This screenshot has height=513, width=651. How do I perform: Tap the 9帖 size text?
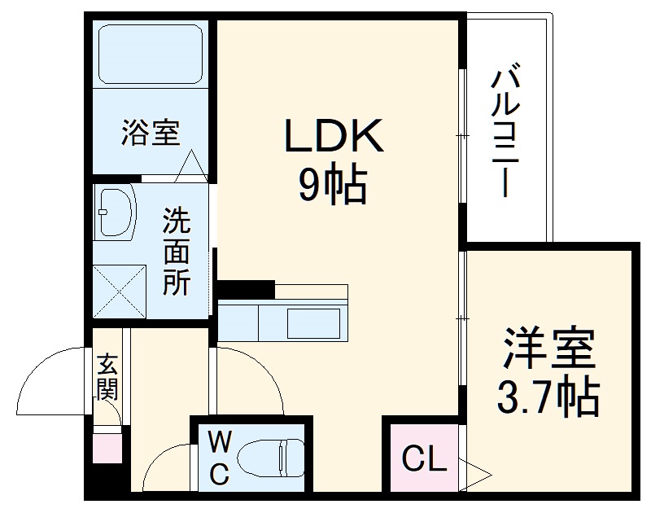pyautogui.click(x=333, y=186)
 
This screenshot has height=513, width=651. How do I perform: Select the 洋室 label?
pyautogui.click(x=549, y=349)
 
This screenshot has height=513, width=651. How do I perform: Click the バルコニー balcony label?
pyautogui.click(x=505, y=133)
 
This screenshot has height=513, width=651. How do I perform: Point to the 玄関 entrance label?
pyautogui.click(x=107, y=377)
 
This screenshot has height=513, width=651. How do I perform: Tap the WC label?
pyautogui.click(x=219, y=458)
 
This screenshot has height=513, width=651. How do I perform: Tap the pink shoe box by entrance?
pyautogui.click(x=107, y=448)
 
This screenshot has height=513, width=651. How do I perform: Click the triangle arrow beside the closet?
pyautogui.click(x=478, y=471)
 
